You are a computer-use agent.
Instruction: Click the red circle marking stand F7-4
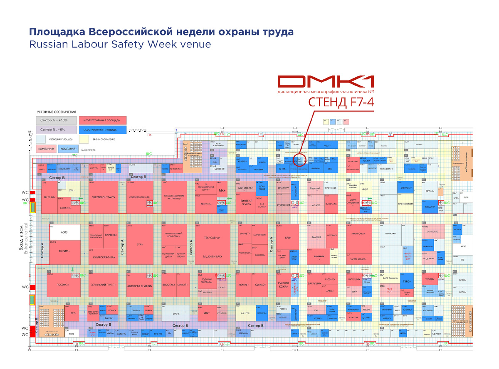point(299,160)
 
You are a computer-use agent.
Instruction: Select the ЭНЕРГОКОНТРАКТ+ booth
point(103,197)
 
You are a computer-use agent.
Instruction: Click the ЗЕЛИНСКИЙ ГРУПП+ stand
point(103,285)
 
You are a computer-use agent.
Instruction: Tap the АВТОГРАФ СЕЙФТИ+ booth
point(140,286)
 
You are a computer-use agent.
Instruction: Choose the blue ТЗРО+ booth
point(407,282)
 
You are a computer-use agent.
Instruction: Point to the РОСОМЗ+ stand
point(63,285)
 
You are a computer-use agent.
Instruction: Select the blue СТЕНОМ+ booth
point(406,188)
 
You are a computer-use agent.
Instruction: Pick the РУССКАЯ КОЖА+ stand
point(284,285)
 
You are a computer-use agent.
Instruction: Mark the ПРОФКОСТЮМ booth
point(405,204)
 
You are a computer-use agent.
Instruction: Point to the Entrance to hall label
point(27,249)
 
